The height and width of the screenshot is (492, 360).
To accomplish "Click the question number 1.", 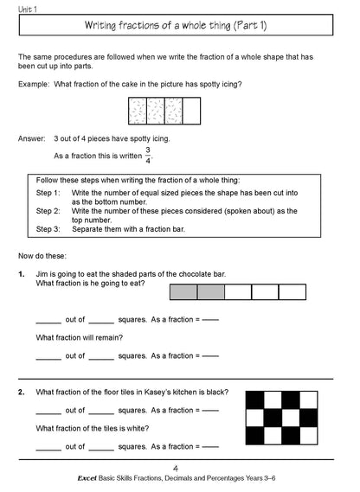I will pyautogui.click(x=21, y=274).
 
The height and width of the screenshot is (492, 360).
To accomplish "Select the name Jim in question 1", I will pyautogui.click(x=43, y=274).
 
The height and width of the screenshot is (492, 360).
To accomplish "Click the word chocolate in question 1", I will pyautogui.click(x=182, y=274).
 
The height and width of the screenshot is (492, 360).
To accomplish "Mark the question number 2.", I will pyautogui.click(x=21, y=392).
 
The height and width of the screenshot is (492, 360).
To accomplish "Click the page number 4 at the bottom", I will pyautogui.click(x=179, y=468).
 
